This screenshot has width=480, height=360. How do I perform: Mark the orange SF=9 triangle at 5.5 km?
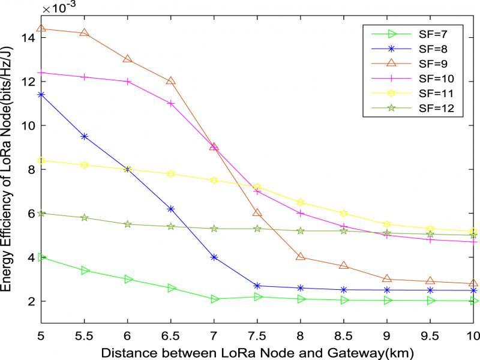click(x=84, y=33)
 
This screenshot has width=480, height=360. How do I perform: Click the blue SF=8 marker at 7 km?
click(x=214, y=257)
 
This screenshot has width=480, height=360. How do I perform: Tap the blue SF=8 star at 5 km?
click(x=41, y=94)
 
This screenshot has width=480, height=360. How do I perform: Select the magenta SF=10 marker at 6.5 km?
click(x=171, y=103)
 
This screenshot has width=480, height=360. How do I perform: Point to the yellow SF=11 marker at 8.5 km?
click(x=344, y=213)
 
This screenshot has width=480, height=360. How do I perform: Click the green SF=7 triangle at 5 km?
click(x=41, y=257)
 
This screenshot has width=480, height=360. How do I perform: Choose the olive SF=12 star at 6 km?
click(x=128, y=224)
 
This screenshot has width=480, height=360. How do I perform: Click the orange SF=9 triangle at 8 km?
click(x=301, y=257)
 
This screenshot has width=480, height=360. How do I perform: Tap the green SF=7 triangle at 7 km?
click(x=214, y=299)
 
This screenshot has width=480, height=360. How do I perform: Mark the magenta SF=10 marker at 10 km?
click(x=473, y=242)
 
